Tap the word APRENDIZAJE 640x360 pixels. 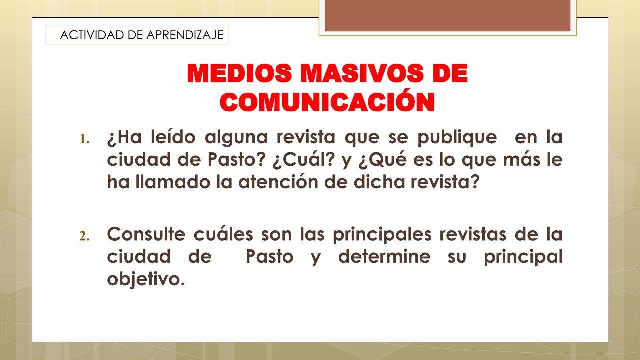point(185,35)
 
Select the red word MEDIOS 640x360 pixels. point(239,73)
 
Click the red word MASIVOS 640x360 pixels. point(362,73)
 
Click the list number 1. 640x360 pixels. point(84,139)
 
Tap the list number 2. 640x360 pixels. point(84,236)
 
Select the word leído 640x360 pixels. point(173,137)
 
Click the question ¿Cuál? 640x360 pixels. point(303,160)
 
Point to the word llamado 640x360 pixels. point(173,182)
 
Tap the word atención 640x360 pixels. point(278,182)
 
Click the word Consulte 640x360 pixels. point(146,234)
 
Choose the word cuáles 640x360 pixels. point(223,234)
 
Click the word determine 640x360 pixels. point(384,256)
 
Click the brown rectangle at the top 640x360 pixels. point(448,15)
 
